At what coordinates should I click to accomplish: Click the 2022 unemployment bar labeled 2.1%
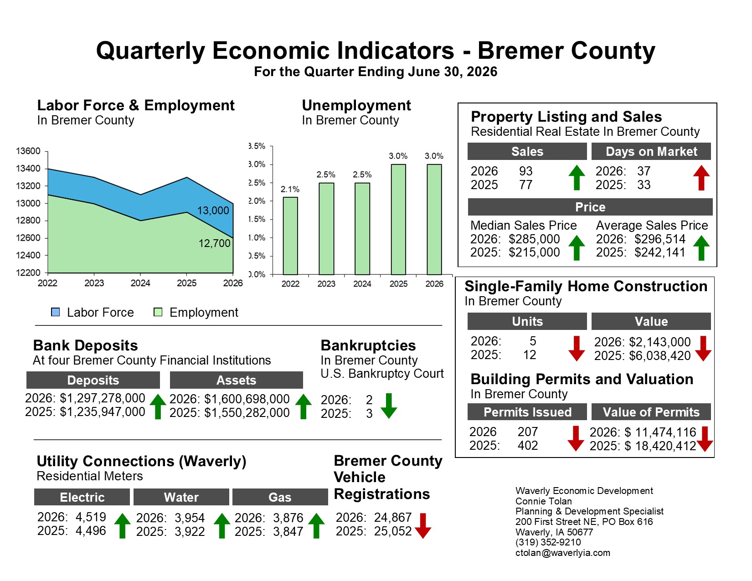coord(290,236)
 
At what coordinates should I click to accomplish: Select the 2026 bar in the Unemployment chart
coord(434,219)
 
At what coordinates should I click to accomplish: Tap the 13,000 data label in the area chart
coord(213,211)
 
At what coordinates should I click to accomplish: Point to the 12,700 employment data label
coord(214,243)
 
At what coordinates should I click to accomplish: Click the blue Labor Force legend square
coord(55,312)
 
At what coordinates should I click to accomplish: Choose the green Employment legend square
coord(158,312)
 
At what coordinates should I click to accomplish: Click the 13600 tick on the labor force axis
coord(28,151)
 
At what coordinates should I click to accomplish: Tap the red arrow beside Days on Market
coord(701,178)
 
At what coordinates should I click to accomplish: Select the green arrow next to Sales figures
coord(577,178)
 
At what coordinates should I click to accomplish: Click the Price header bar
coord(590,207)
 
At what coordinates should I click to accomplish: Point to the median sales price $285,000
coord(534,239)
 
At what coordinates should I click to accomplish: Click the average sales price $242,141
coord(659,252)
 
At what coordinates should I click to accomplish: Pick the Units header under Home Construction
coord(527,321)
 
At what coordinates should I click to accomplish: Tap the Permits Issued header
coord(527,412)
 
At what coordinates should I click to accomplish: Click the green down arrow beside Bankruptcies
coord(389,406)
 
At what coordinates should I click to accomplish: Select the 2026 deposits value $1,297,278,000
coord(103,398)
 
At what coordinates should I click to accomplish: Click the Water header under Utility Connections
coord(181,497)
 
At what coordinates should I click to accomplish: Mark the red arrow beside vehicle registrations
coord(422,526)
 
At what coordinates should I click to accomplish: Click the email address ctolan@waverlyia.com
coord(563,553)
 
